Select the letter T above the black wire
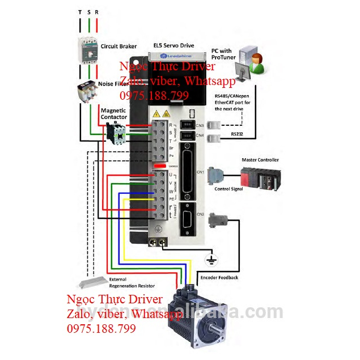pyautogui.click(x=79, y=12)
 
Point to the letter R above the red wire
pyautogui.click(x=97, y=12)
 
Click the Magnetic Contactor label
pyautogui.click(x=114, y=113)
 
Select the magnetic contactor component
pyautogui.click(x=117, y=132)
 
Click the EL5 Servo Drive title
pyautogui.click(x=174, y=45)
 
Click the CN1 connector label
pyautogui.click(x=199, y=172)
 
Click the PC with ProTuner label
pyautogui.click(x=223, y=54)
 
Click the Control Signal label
pyautogui.click(x=228, y=189)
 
